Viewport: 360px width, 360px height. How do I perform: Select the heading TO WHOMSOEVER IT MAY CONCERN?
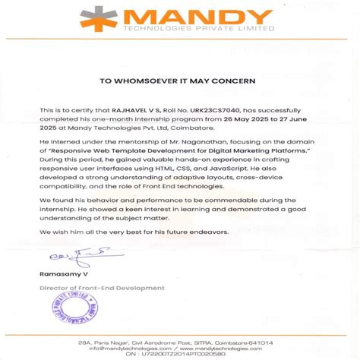pyautogui.click(x=179, y=80)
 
